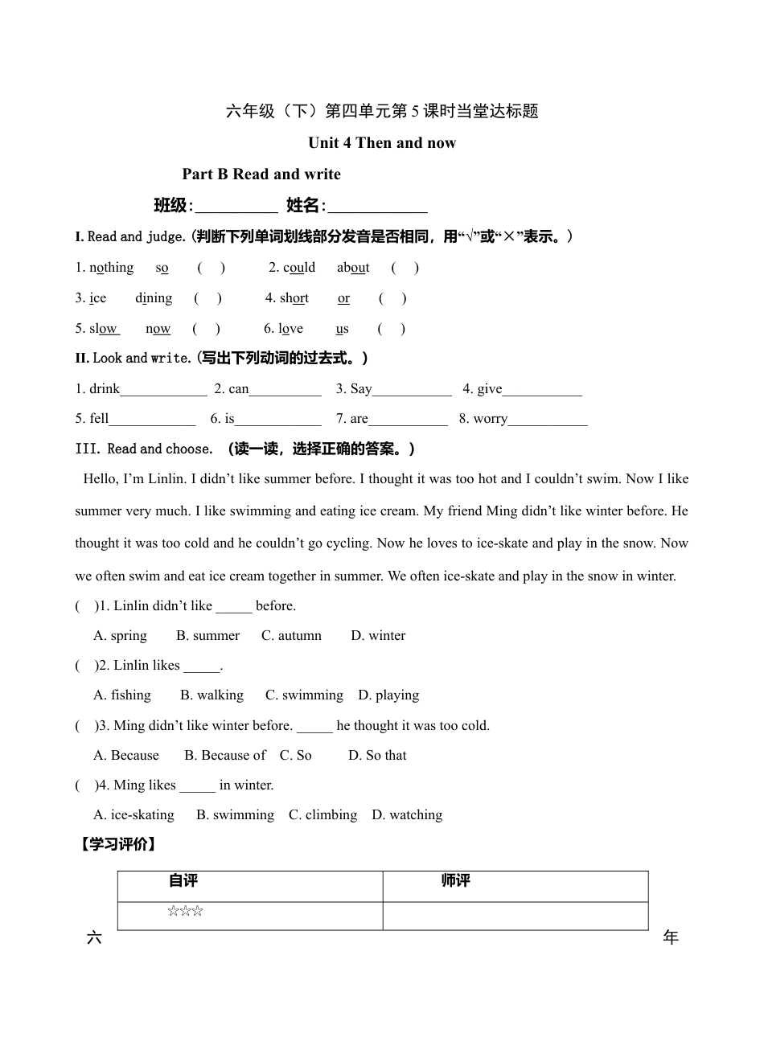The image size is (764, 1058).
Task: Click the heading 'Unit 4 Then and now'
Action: pyautogui.click(x=382, y=143)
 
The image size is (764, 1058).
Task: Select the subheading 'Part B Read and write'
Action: pyautogui.click(x=261, y=174)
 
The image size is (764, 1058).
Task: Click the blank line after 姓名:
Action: pyautogui.click(x=378, y=207)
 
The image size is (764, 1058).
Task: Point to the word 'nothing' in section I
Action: pyautogui.click(x=111, y=268)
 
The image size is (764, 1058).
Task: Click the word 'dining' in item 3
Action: pyautogui.click(x=154, y=298)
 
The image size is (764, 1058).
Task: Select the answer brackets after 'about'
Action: pyautogui.click(x=405, y=268)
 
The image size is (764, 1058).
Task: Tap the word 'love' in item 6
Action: pyautogui.click(x=290, y=329)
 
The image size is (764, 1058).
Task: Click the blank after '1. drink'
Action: pyautogui.click(x=163, y=391)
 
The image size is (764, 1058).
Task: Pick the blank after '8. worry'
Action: pyautogui.click(x=548, y=420)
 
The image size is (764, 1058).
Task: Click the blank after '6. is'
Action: pyautogui.click(x=278, y=420)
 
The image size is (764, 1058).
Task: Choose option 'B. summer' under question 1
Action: pyautogui.click(x=207, y=636)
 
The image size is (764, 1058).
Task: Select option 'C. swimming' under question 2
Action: pyautogui.click(x=304, y=695)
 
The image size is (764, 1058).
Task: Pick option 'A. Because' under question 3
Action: pyautogui.click(x=126, y=756)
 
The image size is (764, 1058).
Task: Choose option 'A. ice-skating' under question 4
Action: pyautogui.click(x=133, y=815)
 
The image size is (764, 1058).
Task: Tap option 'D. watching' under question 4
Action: pyautogui.click(x=407, y=815)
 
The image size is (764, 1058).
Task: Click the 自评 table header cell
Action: pyautogui.click(x=183, y=881)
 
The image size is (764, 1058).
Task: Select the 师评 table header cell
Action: pyautogui.click(x=455, y=881)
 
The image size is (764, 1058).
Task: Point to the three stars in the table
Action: pyautogui.click(x=185, y=912)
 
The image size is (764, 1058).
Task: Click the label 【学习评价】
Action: pyautogui.click(x=117, y=845)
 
